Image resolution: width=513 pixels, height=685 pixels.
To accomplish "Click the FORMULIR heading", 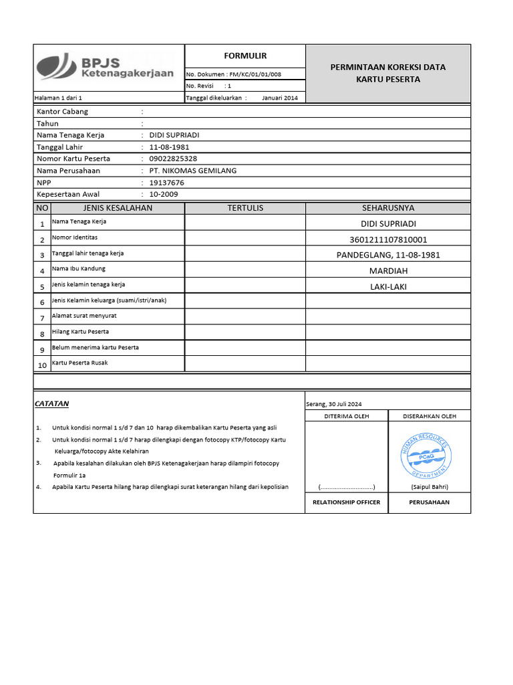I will (245, 56).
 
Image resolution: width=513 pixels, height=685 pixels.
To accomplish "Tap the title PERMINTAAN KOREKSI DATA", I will (388, 67).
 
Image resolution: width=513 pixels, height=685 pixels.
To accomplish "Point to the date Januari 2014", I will (280, 98).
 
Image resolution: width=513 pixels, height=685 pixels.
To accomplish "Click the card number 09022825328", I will (173, 159).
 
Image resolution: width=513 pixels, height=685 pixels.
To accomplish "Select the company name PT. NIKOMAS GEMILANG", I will (193, 171).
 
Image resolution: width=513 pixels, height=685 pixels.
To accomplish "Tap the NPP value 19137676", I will (167, 183).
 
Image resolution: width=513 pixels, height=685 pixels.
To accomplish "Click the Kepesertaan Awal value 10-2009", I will (164, 194).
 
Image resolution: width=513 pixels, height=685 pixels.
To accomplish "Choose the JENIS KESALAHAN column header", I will (117, 208).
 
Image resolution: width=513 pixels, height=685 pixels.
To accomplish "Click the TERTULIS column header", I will (245, 208).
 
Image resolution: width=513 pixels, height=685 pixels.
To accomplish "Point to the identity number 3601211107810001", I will (388, 239).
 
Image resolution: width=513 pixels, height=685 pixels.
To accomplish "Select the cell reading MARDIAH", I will (388, 271).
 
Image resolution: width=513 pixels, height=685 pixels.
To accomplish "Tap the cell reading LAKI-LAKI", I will (388, 287).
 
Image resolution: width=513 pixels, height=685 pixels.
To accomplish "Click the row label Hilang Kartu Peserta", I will (80, 332).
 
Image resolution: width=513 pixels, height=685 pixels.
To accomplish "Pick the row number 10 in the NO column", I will (42, 365).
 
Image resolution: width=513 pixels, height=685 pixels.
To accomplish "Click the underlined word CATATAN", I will (51, 404).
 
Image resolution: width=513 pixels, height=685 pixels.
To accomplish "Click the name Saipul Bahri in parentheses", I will (430, 487).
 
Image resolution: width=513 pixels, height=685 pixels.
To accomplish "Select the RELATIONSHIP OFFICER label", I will (347, 502).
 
